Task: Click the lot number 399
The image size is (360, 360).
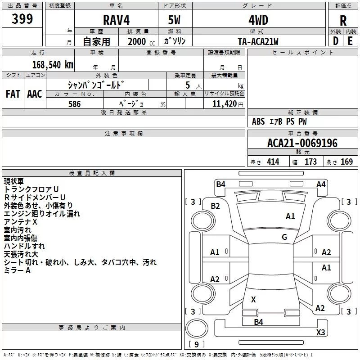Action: [22, 18]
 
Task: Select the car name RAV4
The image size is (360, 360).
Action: [116, 20]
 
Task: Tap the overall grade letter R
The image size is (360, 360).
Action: [343, 21]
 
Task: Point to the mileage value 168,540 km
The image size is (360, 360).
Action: [53, 65]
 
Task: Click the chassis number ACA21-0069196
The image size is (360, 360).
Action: [302, 143]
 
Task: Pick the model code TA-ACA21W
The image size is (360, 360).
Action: [258, 41]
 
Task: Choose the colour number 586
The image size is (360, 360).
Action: [75, 104]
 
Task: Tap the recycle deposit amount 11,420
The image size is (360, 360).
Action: [225, 104]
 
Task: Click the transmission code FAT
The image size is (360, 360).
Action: [13, 94]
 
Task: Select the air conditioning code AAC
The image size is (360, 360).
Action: [35, 94]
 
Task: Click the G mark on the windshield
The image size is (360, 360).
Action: [284, 237]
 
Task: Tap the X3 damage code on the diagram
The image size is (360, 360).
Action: [320, 332]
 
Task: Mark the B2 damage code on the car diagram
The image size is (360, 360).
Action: [215, 206]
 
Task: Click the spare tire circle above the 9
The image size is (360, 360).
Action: [197, 328]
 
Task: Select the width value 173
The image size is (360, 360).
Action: [310, 162]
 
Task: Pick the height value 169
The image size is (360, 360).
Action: [346, 162]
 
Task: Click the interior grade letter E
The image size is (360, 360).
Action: [350, 41]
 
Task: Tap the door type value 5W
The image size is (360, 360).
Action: [174, 20]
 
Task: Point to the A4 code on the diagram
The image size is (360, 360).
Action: [321, 184]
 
